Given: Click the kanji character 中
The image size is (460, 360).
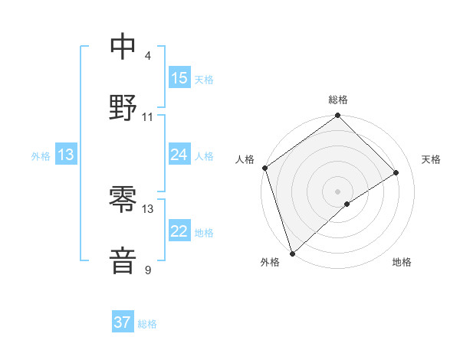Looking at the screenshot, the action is (123, 47).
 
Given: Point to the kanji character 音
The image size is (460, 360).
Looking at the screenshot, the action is (123, 260).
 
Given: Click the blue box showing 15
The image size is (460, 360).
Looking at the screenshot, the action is (179, 78).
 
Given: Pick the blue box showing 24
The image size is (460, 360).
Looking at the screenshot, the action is (179, 155).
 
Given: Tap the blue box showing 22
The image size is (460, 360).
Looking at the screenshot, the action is (179, 231).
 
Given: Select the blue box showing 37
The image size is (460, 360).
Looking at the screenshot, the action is (123, 322).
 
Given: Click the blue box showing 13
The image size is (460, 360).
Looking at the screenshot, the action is (66, 155).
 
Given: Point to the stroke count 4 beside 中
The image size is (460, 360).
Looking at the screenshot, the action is (148, 56).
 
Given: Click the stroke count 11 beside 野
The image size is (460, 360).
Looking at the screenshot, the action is (148, 116).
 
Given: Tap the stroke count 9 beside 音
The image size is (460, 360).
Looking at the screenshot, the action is (148, 270).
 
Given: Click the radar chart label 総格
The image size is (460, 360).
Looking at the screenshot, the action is (338, 100).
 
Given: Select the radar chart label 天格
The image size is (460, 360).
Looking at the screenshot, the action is (432, 159).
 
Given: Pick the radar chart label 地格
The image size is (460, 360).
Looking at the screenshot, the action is (402, 262).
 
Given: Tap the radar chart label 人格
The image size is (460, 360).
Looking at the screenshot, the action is (245, 159).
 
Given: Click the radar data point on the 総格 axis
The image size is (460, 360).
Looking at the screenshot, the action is (338, 116).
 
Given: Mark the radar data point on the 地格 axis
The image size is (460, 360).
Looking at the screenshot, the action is (347, 204).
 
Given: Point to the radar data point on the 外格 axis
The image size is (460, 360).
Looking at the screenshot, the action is (292, 253).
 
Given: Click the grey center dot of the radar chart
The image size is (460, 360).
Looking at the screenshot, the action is (338, 191).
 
